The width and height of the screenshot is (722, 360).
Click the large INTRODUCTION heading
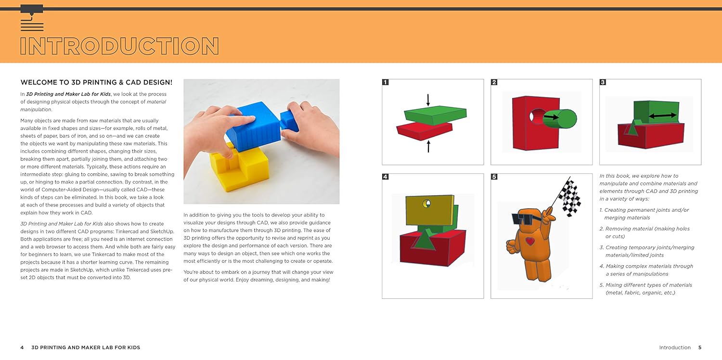[119, 46]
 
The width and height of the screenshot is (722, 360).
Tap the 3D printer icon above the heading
[32, 18]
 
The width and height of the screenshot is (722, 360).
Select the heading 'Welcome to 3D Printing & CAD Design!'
[96, 82]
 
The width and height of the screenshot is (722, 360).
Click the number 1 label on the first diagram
[385, 82]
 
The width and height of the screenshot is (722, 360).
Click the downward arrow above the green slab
[428, 100]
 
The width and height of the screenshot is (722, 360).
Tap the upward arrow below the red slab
[428, 145]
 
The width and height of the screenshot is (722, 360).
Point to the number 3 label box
[603, 82]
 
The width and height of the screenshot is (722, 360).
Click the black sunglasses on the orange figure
[523, 219]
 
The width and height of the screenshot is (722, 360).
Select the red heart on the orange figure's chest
[529, 241]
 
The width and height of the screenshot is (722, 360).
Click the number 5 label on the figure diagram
[494, 177]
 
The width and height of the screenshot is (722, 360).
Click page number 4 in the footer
[22, 347]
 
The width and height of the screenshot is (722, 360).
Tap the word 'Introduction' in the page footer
[674, 347]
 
